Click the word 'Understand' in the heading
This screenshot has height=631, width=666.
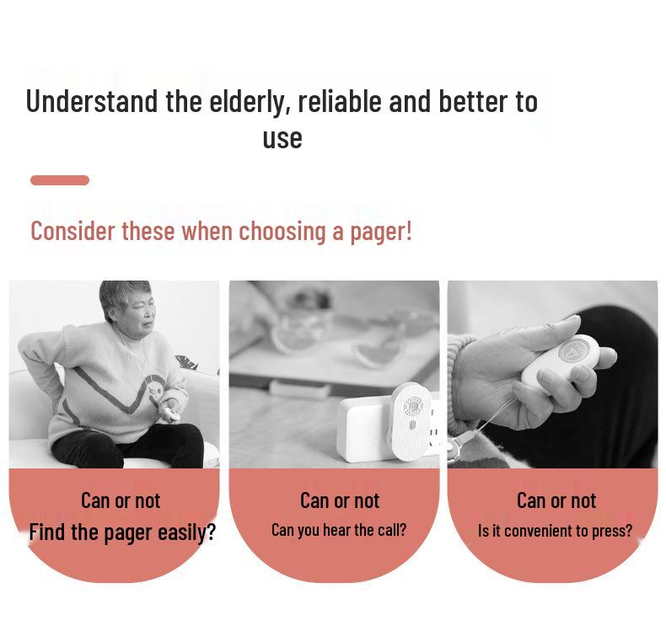92,101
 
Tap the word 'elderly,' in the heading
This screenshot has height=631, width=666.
250,102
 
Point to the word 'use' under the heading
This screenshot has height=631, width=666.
282,139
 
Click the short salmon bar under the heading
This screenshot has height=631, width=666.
60,180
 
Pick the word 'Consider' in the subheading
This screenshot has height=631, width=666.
73,232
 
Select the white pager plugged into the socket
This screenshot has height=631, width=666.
410,423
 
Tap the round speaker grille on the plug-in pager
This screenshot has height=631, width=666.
412,407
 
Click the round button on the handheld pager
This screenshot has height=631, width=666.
572,350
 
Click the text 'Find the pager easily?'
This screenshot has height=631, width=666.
122,532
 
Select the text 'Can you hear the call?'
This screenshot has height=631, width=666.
339,530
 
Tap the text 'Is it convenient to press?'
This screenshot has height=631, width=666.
556,531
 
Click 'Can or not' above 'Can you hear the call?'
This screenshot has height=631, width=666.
340,500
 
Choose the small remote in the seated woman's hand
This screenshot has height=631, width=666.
174,414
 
